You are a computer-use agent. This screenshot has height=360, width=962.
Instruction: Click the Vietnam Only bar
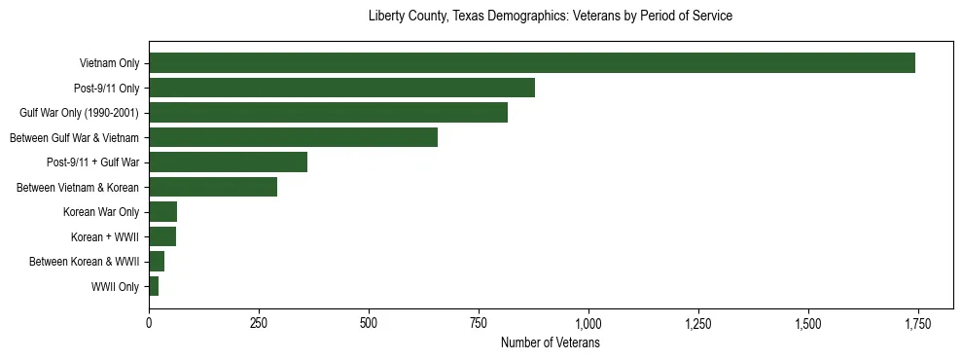pyautogui.click(x=532, y=63)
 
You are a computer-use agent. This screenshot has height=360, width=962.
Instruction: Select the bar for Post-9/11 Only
pyautogui.click(x=341, y=88)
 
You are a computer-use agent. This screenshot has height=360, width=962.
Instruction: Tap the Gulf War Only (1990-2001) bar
pyautogui.click(x=328, y=113)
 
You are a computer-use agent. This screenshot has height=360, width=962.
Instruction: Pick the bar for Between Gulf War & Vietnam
pyautogui.click(x=293, y=137)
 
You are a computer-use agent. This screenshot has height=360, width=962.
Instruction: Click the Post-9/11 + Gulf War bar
pyautogui.click(x=228, y=162)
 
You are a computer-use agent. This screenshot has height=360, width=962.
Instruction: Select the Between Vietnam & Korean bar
pyautogui.click(x=213, y=187)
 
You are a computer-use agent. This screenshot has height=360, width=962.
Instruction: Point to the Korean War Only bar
pyautogui.click(x=162, y=212)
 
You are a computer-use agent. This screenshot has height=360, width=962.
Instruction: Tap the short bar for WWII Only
pyautogui.click(x=154, y=286)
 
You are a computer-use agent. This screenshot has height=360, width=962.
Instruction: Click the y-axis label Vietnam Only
pyautogui.click(x=109, y=64)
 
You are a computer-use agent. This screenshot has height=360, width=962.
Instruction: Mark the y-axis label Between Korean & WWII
pyautogui.click(x=84, y=262)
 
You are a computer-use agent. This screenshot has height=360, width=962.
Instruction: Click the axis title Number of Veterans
pyautogui.click(x=550, y=343)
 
